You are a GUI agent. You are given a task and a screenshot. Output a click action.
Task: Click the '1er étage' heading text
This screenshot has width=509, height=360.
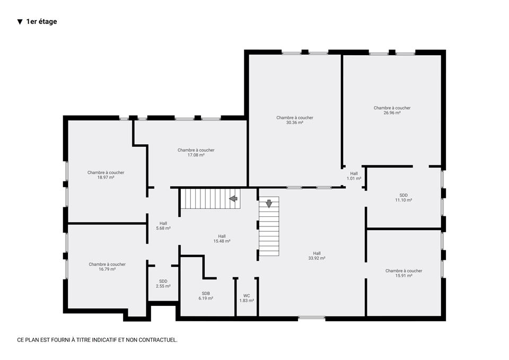pos(41,22)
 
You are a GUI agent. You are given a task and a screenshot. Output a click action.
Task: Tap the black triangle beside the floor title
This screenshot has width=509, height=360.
pos(20,22)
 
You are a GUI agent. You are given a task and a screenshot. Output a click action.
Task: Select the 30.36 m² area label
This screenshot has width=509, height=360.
pos(295,122)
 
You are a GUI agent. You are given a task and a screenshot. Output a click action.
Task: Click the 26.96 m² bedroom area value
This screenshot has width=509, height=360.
pos(392,113)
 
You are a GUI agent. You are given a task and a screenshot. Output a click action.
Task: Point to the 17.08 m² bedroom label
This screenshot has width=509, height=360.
pos(196,153)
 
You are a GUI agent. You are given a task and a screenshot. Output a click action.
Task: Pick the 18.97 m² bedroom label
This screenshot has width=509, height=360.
pos(106,175)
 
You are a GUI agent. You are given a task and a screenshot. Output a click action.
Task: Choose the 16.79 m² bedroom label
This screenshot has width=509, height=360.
pos(107,267)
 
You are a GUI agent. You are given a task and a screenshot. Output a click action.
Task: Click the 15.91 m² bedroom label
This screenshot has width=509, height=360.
pos(404,274)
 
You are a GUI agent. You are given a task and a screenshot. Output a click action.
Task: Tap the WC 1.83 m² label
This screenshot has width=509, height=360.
pos(247,298)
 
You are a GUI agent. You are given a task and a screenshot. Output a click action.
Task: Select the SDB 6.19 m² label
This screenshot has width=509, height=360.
pos(206,296)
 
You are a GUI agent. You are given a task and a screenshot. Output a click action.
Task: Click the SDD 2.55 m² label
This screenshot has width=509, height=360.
pos(163,284)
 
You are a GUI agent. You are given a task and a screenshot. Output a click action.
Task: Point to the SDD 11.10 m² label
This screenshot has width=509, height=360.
pos(403,198)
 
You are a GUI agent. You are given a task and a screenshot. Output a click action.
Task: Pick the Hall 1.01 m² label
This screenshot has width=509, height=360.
pos(354,176)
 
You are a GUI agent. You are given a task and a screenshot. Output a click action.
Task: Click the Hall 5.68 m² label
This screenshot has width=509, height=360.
pos(163,226)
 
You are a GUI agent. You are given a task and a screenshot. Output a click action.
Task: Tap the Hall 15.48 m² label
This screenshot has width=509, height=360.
pos(222,239)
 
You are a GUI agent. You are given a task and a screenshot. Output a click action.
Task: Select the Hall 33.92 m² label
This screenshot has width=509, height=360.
pos(317,256)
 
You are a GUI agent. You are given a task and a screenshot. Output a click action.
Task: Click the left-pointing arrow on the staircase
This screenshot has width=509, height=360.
pos(233,199)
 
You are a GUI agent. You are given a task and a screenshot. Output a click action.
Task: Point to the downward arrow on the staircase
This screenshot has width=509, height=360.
pos(269,204)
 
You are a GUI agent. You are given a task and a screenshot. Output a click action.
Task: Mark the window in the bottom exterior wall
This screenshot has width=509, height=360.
pos(312,318)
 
